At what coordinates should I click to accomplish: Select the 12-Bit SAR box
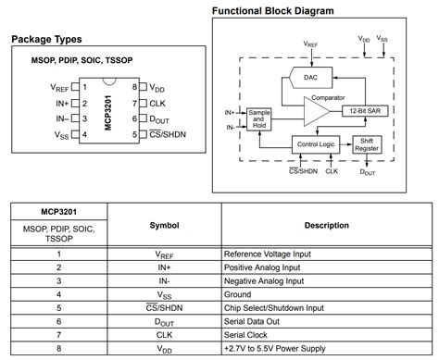click(363, 111)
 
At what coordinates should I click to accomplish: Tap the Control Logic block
click(314, 144)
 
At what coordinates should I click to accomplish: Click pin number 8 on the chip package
click(134, 86)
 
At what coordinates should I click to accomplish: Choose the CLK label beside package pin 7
click(157, 103)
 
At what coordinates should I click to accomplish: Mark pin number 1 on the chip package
click(84, 86)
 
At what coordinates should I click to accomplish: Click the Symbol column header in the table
click(163, 225)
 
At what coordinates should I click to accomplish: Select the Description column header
click(326, 225)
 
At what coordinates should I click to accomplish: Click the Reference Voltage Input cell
click(267, 253)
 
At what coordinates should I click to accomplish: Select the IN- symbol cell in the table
click(163, 280)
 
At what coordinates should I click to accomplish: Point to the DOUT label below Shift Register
click(368, 171)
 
